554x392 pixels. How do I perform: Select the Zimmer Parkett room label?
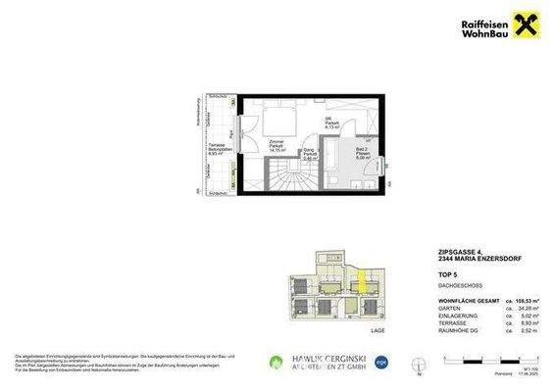pyautogui.click(x=277, y=147)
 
